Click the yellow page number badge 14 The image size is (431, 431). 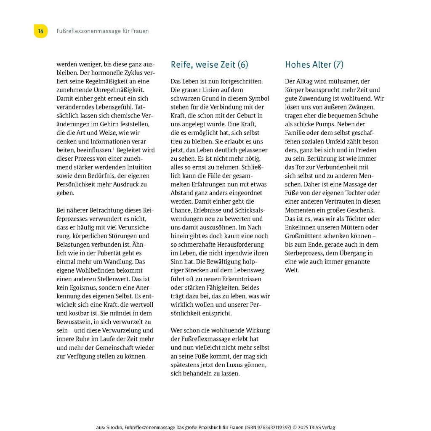40,31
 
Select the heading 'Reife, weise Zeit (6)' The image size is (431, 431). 209,64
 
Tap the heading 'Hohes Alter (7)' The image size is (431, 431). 314,64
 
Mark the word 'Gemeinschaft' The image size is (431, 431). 117,348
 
